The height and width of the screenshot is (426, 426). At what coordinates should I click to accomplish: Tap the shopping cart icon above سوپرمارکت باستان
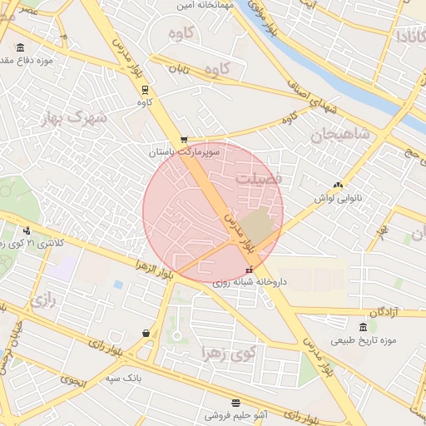click(183, 140)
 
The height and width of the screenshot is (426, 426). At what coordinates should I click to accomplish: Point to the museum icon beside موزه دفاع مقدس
click(20, 47)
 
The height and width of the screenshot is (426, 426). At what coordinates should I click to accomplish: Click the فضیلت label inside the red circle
click(259, 178)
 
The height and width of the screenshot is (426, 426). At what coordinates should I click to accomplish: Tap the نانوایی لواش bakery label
click(336, 198)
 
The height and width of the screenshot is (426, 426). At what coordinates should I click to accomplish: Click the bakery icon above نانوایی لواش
click(337, 186)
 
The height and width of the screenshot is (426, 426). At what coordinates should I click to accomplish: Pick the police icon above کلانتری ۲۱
click(27, 230)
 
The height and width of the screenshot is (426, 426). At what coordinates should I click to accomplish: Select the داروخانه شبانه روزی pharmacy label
click(249, 282)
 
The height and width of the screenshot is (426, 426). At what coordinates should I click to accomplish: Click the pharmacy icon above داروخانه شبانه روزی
click(250, 270)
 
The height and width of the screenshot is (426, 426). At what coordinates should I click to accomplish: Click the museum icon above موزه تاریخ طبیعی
click(363, 326)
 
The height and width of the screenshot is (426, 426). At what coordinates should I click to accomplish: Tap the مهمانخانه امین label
click(204, 6)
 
